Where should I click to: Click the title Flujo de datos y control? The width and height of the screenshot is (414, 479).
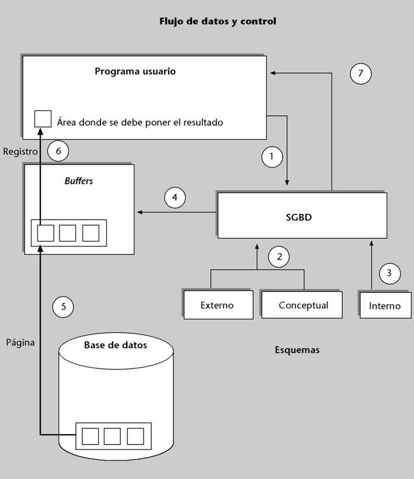point(218,22)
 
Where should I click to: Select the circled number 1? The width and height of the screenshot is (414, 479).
point(272,156)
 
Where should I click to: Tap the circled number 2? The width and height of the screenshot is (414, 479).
point(279,256)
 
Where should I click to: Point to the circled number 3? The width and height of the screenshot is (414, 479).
point(390,272)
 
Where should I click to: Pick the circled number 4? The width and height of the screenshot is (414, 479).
point(175,197)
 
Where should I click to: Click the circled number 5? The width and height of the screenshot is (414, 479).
point(63,305)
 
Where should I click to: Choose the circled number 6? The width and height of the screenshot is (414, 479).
point(58,151)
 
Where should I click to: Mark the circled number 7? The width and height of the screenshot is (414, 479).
point(360,73)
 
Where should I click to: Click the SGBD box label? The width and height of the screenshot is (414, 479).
point(301,216)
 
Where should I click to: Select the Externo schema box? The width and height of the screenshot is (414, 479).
point(217,305)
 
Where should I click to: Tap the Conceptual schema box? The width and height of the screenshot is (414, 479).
point(303,305)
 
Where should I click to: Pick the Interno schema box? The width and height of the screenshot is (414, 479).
point(385,305)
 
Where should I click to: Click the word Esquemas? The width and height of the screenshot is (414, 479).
point(297,351)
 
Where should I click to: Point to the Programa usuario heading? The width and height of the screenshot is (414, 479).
point(135,72)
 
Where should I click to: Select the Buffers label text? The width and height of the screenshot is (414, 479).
point(79,181)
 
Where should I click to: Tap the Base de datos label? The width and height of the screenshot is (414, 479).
point(116,345)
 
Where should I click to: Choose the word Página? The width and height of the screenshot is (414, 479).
point(20,343)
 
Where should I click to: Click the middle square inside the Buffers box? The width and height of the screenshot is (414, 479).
point(68,233)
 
